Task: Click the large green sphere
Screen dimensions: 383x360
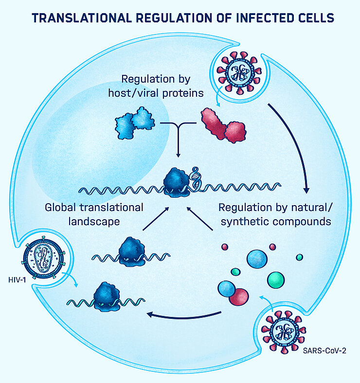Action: [x=275, y=279]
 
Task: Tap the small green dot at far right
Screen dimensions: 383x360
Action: [x=300, y=257]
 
